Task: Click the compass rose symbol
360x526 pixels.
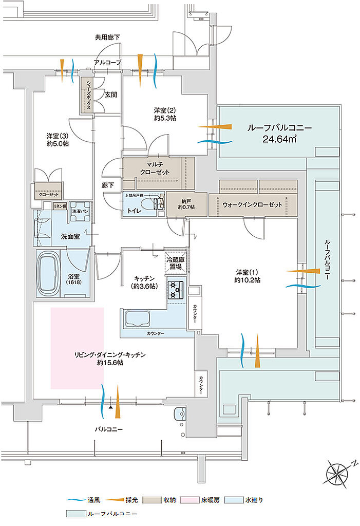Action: [x=338, y=471]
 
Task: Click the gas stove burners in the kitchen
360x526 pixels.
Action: [x=176, y=290]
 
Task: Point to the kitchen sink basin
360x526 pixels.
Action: [x=135, y=320]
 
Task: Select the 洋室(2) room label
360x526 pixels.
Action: [x=166, y=114]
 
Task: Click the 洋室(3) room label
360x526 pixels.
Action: [x=58, y=140]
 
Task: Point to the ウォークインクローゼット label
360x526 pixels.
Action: [x=253, y=204]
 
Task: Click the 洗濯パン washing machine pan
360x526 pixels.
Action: [x=80, y=211]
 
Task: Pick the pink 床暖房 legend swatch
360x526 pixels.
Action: [x=191, y=500]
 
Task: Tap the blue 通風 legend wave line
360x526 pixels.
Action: [x=74, y=500]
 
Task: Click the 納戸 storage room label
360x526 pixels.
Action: [x=185, y=204]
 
